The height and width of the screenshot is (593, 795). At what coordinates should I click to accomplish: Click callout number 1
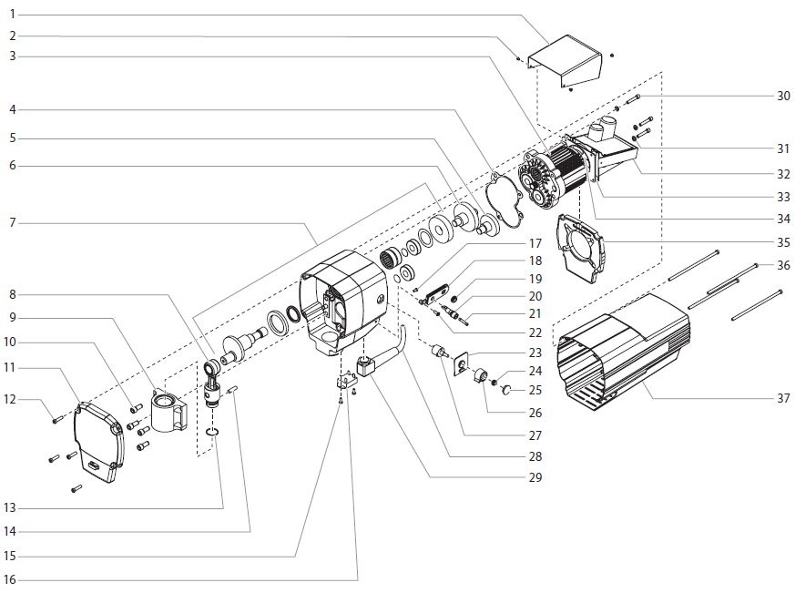point(13,15)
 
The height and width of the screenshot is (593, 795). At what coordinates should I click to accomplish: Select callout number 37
point(783,398)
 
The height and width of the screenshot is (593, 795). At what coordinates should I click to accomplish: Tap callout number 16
point(13,579)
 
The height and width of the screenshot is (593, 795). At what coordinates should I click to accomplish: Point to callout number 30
point(783,96)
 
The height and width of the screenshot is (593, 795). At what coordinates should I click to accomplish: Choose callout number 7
point(13,222)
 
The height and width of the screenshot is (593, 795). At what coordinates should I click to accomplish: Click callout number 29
point(535,476)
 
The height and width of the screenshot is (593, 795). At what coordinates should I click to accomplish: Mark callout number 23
point(535,353)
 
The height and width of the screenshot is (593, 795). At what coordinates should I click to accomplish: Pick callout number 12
point(13,399)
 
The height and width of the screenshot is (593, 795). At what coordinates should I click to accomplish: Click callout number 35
point(783,242)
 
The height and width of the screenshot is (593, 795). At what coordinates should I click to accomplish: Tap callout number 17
point(535,243)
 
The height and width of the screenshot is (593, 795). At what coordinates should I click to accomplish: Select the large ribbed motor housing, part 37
point(628,351)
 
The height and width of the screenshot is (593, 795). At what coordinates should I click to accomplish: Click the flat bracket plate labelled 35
point(584,246)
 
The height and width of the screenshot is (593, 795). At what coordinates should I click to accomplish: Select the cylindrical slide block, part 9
point(169,410)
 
